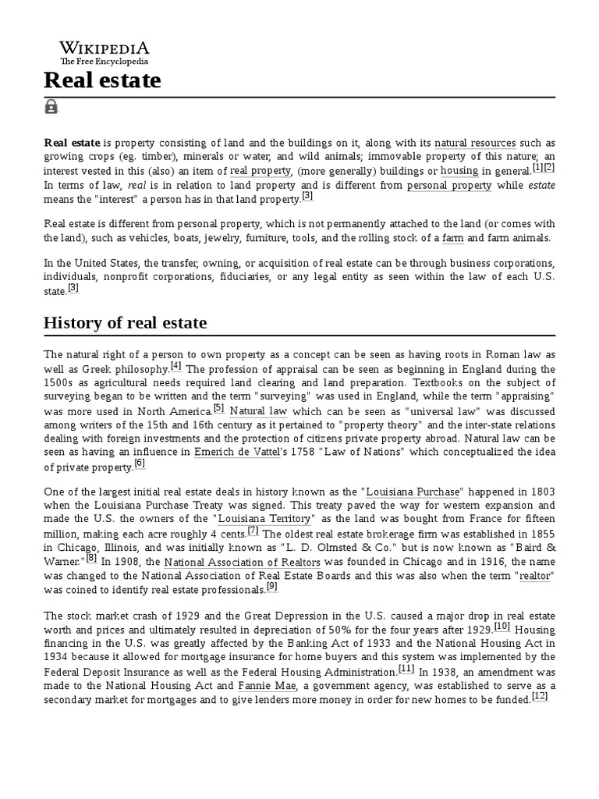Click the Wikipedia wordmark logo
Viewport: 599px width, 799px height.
coord(105,48)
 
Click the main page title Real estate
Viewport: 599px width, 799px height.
coord(102,80)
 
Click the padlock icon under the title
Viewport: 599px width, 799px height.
coord(51,107)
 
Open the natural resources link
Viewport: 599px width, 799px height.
coord(475,144)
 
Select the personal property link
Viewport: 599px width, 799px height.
coord(449,186)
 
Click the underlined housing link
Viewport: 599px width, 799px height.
coord(459,171)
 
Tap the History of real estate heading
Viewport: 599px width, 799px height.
coord(126,322)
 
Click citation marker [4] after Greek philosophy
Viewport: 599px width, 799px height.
coord(175,365)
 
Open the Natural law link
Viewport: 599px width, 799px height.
coord(260,410)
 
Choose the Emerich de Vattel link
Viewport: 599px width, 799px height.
coord(236,453)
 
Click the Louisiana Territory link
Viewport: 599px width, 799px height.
coord(266,518)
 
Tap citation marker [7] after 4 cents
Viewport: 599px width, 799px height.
coord(253,530)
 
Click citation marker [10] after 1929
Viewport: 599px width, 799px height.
coord(502,626)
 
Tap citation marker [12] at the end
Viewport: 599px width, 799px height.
coord(540,696)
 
